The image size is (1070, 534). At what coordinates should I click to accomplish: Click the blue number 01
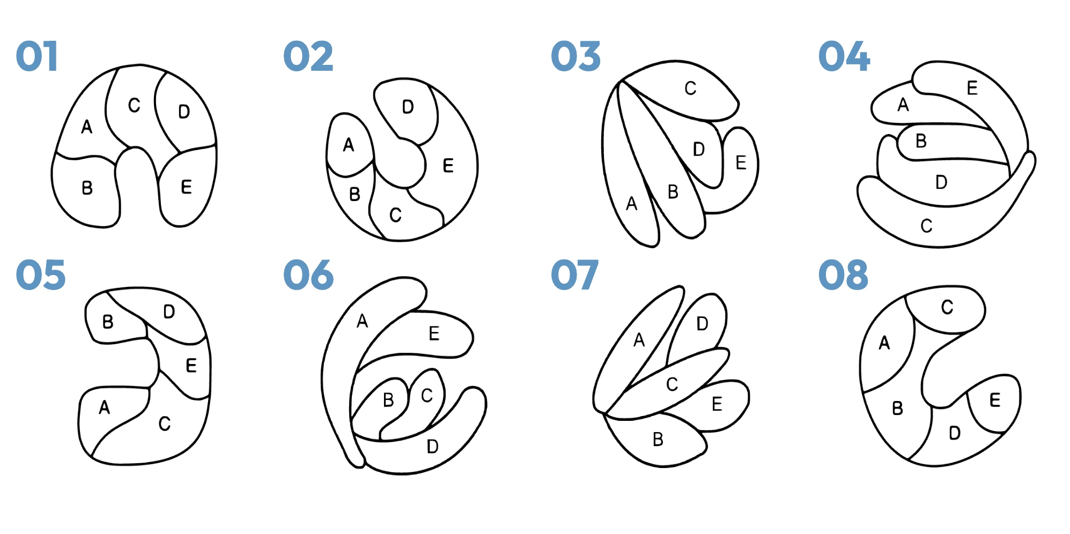tap(37, 56)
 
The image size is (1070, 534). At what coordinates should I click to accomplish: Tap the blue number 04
tap(844, 56)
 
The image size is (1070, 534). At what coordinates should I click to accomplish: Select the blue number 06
tap(308, 275)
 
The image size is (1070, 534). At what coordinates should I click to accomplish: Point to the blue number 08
tap(843, 275)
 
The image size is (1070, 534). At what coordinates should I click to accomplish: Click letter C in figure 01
tap(134, 105)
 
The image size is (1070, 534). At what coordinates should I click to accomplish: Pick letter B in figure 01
tap(87, 188)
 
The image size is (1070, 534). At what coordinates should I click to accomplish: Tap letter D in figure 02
tap(408, 107)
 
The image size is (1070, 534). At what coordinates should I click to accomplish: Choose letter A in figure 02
tap(349, 145)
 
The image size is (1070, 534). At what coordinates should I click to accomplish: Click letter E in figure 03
tap(741, 162)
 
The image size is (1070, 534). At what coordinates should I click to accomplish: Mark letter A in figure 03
tap(632, 204)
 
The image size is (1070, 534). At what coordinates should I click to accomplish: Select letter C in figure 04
tap(926, 226)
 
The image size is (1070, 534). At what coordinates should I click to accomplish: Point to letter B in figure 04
tap(921, 141)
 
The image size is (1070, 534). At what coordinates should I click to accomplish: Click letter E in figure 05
tap(191, 366)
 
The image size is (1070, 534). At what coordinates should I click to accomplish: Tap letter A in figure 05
tap(105, 407)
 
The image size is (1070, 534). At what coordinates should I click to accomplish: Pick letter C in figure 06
tap(427, 396)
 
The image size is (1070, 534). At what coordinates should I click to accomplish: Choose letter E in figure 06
tap(434, 333)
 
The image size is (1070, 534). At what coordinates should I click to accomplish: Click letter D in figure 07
tap(703, 324)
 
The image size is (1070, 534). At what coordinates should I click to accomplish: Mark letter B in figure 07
tap(658, 440)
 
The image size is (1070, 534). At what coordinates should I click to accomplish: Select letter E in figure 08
tap(995, 400)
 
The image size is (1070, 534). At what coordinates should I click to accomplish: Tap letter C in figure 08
tap(947, 307)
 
